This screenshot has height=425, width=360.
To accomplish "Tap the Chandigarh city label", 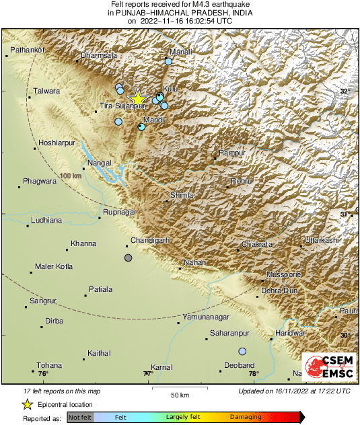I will click(149, 240).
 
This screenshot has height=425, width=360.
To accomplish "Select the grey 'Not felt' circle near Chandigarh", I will click(129, 258).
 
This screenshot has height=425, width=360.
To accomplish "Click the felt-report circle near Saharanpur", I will click(242, 351).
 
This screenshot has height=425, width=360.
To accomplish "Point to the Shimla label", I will click(182, 195).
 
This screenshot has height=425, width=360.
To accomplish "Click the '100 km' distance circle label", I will click(70, 176).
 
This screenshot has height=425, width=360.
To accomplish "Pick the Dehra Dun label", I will click(279, 290).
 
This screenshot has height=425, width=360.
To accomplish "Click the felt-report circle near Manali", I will click(168, 61).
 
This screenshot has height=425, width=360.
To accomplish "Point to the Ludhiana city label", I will click(46, 220).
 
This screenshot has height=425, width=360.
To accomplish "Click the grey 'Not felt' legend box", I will click(80, 417).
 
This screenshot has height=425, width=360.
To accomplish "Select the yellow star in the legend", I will click(28, 404).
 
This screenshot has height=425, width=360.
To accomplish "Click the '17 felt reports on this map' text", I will click(63, 391).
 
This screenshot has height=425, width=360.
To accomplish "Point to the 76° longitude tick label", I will click(44, 373).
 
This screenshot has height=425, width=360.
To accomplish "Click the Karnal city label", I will click(162, 367).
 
